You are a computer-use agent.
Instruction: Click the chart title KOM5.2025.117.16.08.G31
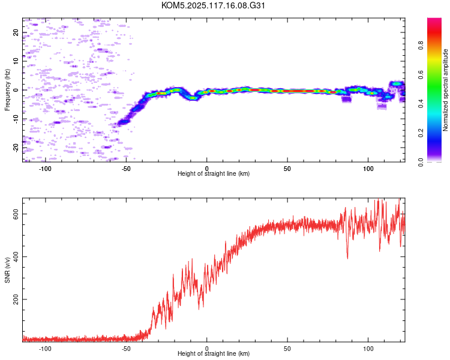[x=213, y=5]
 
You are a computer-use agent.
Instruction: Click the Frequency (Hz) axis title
[x=7, y=90]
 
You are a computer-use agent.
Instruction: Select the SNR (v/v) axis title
[x=7, y=270]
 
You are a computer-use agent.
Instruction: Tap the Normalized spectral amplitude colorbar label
[x=445, y=90]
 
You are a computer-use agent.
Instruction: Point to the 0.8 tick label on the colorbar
[x=421, y=46]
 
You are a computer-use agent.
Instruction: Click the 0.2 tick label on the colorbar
[x=421, y=133]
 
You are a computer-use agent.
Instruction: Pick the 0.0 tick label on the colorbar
[x=421, y=162]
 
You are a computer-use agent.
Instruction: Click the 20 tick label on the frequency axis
[x=16, y=32]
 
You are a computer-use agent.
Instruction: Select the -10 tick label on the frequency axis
[x=16, y=119]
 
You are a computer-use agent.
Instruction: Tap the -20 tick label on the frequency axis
[x=16, y=148]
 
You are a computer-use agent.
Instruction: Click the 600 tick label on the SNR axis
[x=16, y=214]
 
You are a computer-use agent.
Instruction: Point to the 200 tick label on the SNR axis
[x=16, y=299]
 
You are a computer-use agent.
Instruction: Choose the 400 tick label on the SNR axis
[x=16, y=257]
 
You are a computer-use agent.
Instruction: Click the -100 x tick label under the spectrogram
[x=45, y=169]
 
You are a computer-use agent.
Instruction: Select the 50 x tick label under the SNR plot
[x=287, y=349]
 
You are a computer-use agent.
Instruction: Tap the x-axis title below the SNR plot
[x=214, y=353]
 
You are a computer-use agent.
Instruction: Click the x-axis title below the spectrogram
[x=214, y=173]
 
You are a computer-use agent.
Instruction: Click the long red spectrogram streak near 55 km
[x=298, y=91]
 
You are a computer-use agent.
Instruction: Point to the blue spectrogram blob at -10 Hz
[x=124, y=122]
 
